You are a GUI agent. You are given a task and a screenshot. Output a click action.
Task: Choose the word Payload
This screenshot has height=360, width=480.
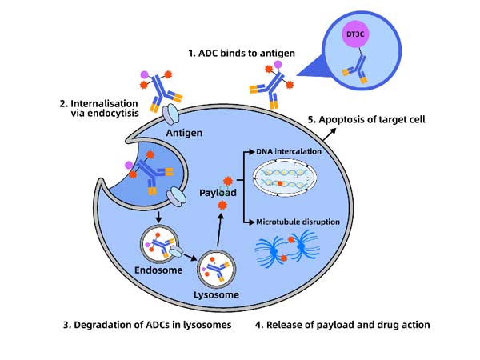(218, 193)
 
